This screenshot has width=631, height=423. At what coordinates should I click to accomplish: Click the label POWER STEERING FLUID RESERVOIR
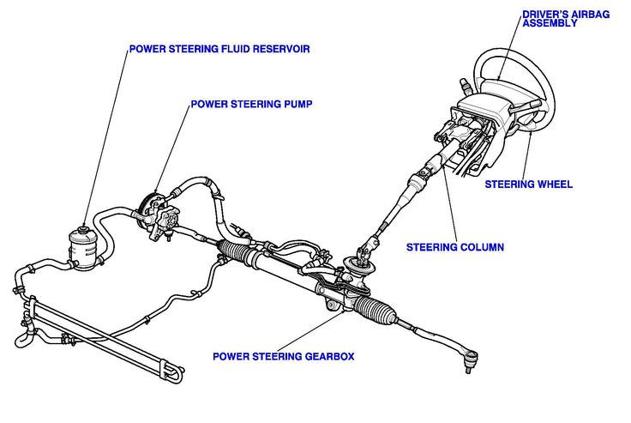click(219, 49)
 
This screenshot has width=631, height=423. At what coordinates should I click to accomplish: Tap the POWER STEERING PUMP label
click(251, 104)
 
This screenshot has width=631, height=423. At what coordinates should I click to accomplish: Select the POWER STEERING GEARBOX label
click(283, 355)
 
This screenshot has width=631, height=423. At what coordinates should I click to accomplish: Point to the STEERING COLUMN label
click(454, 247)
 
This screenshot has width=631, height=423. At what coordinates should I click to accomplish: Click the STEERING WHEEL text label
click(529, 184)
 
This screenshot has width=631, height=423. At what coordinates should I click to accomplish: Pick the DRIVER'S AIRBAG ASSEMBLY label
click(561, 18)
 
